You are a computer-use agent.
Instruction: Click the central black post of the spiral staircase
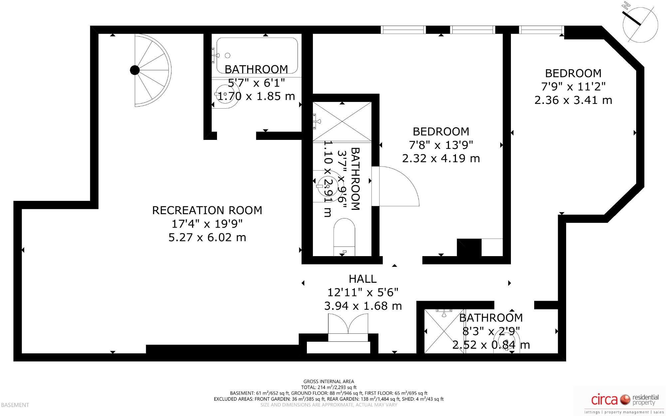[x=135, y=70]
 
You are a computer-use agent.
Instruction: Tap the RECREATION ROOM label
[x=207, y=210]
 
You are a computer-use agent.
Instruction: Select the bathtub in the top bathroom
[x=257, y=55]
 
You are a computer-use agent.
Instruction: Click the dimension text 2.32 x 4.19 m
[x=441, y=159]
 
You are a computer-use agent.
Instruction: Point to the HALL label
[x=362, y=279]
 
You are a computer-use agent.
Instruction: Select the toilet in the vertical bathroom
[x=344, y=236]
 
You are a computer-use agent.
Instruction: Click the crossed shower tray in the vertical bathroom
[x=342, y=122]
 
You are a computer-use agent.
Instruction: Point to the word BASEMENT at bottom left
[x=15, y=405]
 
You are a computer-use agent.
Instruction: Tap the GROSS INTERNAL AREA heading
[x=329, y=382]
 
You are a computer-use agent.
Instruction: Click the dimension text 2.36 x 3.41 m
[x=573, y=100]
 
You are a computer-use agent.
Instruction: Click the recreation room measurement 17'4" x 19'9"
[x=207, y=224]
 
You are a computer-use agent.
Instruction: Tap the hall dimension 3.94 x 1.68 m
[x=363, y=306]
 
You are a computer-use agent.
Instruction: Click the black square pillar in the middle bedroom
[x=469, y=248]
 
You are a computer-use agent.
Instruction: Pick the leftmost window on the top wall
[x=403, y=30]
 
